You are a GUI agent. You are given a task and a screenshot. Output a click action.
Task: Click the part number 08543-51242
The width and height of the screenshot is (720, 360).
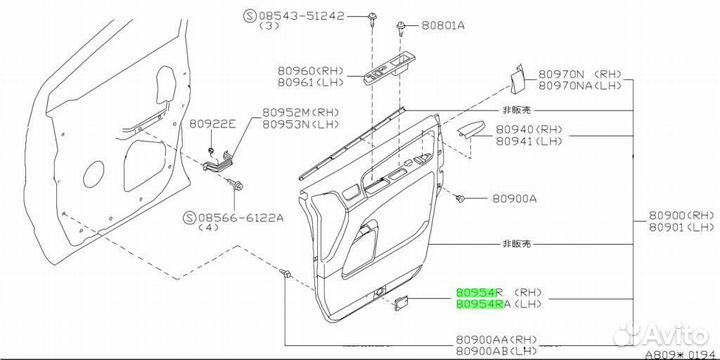(x=301, y=16)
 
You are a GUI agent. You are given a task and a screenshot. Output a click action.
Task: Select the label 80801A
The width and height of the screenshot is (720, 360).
(x=443, y=26)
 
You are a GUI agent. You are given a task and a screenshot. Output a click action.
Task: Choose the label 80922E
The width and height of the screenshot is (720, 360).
(x=212, y=123)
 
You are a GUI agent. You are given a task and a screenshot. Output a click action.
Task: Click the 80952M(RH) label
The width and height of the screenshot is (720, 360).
(x=300, y=112)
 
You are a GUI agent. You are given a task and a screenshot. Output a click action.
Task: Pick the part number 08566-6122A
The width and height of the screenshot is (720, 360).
(x=240, y=218)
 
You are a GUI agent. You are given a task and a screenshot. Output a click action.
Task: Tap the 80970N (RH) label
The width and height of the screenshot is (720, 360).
(x=579, y=74)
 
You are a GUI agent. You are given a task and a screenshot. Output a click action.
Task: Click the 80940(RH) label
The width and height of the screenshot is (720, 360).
(x=529, y=130)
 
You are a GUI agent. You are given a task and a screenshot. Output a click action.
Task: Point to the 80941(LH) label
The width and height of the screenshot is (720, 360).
(x=529, y=141)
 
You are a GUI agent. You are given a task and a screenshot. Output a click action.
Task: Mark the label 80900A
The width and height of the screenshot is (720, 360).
(x=514, y=199)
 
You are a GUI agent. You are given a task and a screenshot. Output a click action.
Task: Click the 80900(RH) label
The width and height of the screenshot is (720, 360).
(x=682, y=215)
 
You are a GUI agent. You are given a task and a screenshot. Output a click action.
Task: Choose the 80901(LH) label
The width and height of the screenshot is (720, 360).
(x=682, y=227)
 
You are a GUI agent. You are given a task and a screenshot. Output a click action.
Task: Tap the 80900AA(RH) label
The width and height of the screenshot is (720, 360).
(x=496, y=340)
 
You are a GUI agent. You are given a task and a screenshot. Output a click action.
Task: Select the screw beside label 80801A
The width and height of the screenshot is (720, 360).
(x=401, y=27)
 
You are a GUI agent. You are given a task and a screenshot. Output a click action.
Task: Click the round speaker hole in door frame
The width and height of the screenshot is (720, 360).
(x=93, y=174)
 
